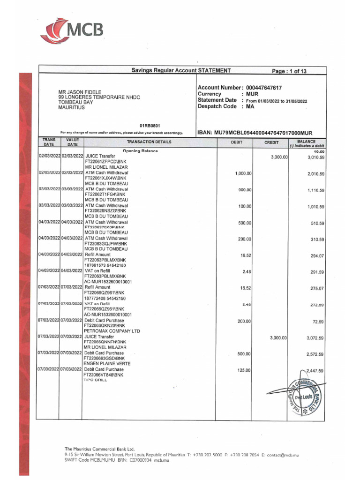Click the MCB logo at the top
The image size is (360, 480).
[x=72, y=32]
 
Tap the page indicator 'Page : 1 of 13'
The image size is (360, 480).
[x=290, y=71]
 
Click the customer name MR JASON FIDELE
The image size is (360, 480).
[x=80, y=92]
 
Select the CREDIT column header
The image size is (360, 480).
[x=271, y=142]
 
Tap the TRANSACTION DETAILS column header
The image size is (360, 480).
[x=149, y=142]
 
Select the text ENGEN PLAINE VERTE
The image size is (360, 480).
[x=108, y=364]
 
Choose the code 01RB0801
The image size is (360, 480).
[x=150, y=126]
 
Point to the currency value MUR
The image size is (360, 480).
[x=253, y=94]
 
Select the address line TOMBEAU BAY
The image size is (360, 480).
[x=72, y=102]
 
